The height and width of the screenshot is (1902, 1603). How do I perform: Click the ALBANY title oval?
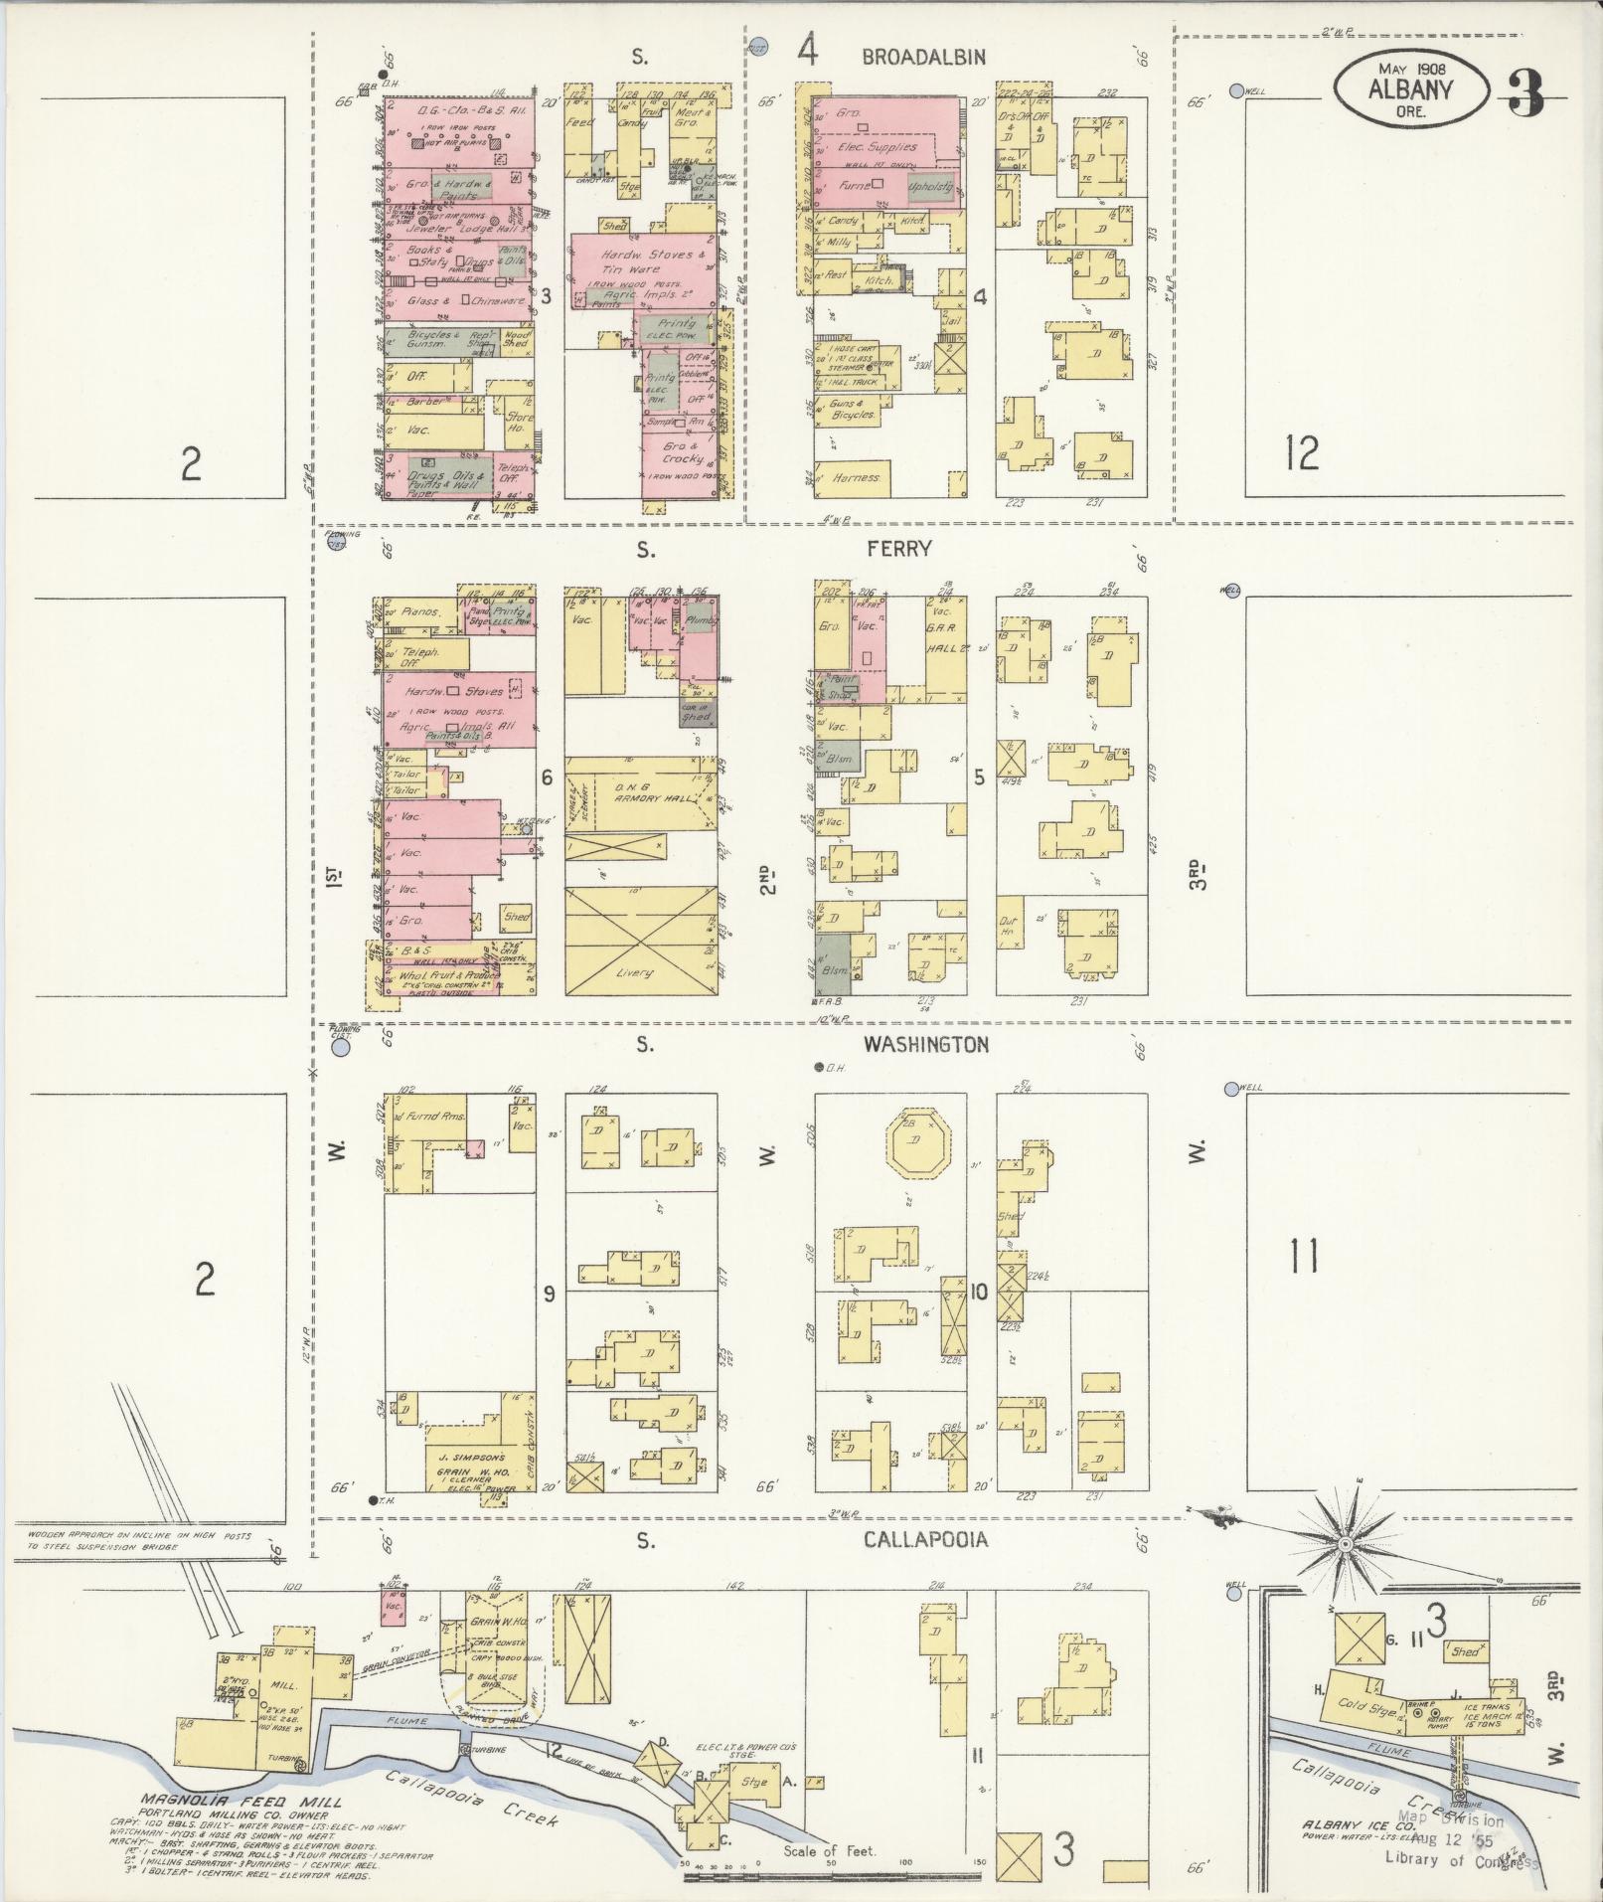click(1410, 89)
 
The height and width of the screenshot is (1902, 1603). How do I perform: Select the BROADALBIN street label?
click(923, 57)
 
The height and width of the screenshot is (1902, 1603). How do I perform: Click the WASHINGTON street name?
click(925, 1044)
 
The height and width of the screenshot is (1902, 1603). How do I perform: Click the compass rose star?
click(1344, 1571)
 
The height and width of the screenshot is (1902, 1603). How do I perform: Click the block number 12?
click(1301, 453)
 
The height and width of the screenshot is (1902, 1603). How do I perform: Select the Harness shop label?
click(856, 477)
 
